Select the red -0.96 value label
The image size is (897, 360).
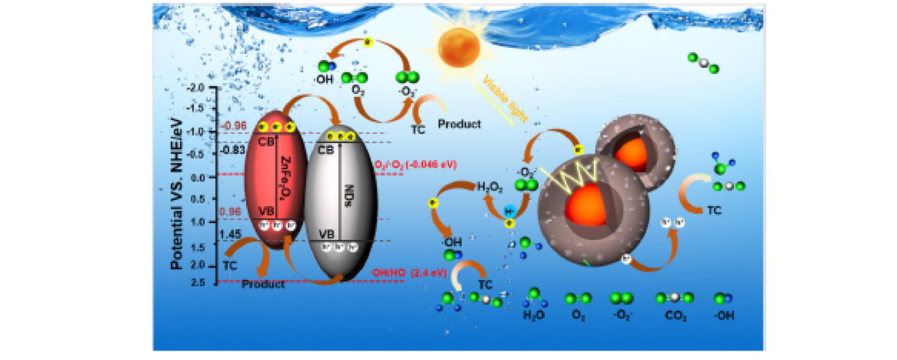[235, 126]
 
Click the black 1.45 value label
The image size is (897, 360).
[231, 235]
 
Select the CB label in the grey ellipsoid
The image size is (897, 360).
[326, 149]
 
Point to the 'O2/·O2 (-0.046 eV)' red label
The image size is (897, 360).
[416, 165]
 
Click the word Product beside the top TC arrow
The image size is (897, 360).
[459, 124]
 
